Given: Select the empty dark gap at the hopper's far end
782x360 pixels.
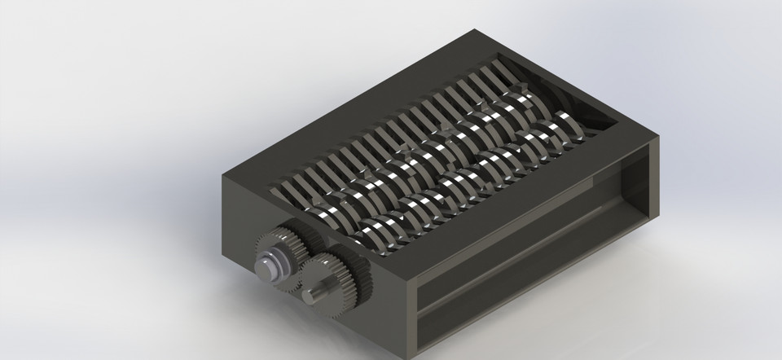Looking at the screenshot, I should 603,118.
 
